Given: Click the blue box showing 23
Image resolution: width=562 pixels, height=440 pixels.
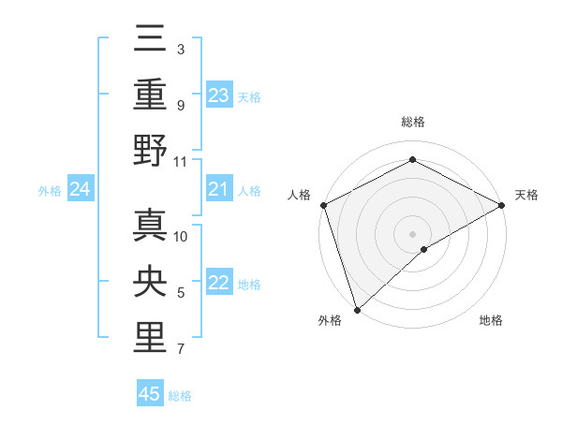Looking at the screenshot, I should [219, 95].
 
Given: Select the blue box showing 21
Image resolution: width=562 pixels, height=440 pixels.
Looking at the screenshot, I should [219, 190].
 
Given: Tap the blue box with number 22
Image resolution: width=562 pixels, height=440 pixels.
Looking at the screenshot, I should [219, 284].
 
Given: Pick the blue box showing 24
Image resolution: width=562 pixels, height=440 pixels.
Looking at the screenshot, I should [81, 190].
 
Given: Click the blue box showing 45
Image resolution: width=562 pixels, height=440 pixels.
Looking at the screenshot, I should [150, 394].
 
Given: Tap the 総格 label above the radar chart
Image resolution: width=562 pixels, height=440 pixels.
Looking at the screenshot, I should [412, 122].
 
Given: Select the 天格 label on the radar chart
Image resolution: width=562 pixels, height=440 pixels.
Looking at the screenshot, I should [526, 195].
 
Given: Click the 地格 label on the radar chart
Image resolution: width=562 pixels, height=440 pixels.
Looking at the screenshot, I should [491, 320].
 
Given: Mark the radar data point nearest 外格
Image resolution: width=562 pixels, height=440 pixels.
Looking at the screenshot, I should [357, 308].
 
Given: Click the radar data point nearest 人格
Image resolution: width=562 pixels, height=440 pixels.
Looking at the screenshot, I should [323, 204].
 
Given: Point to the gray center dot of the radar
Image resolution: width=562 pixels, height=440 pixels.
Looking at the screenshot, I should [412, 233].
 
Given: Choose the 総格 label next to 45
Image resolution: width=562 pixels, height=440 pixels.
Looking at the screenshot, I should [180, 396].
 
